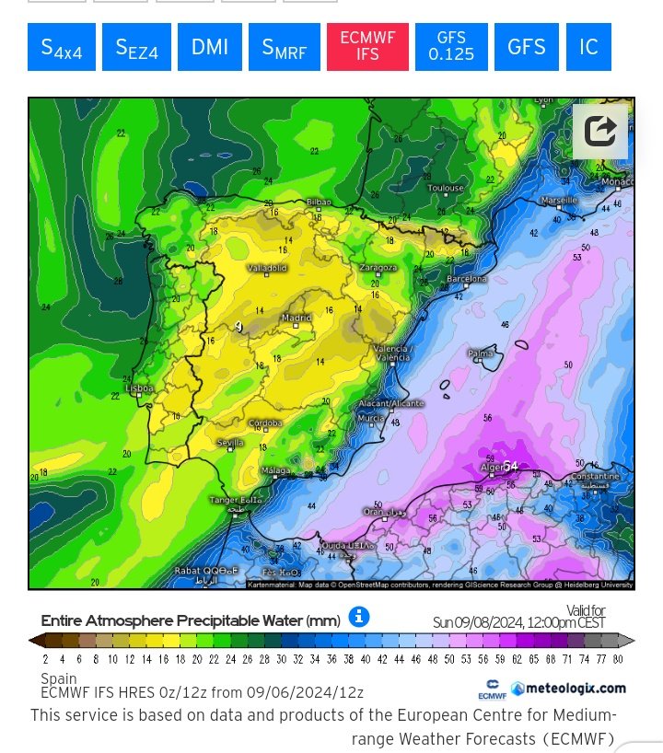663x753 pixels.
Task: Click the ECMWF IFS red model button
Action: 367,47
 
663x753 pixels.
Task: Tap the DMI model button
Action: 210,47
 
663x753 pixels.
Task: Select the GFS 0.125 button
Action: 451,47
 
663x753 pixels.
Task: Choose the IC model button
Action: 588,47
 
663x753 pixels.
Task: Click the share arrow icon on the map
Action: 600,131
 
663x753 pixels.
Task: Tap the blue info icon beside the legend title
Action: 359,617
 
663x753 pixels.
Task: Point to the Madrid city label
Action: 297,319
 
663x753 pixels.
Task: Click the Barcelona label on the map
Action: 466,278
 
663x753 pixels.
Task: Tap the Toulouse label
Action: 446,188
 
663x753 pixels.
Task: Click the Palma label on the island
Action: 480,353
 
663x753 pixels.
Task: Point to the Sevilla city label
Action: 230,443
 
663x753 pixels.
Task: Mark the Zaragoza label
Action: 378,268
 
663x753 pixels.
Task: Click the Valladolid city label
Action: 267,268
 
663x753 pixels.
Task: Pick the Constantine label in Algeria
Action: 595,477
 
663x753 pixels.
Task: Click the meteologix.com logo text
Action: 569,688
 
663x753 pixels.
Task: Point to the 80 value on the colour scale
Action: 617,659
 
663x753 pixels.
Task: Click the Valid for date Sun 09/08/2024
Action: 518,623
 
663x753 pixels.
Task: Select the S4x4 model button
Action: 62,47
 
